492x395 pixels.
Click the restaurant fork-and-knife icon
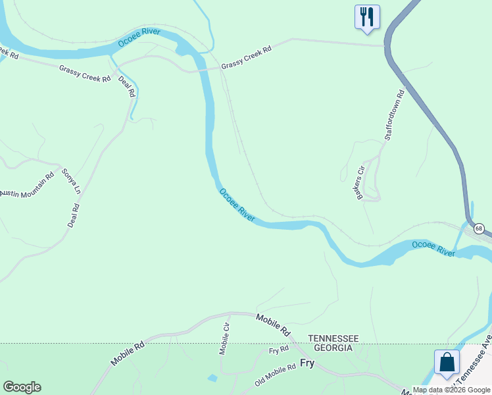[x=367, y=16]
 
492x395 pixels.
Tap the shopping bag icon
[x=447, y=362]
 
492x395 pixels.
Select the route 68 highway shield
[x=479, y=229]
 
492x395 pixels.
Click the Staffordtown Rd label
[x=394, y=115]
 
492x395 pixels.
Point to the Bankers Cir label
[x=360, y=181]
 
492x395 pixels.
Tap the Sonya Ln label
[x=71, y=181]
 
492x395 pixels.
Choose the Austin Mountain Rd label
[x=26, y=187]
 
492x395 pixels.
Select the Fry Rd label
[x=279, y=350]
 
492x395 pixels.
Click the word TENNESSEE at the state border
[x=333, y=338]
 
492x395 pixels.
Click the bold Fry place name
[x=307, y=363]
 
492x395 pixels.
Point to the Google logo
[x=22, y=387]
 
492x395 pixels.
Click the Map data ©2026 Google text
[x=452, y=390]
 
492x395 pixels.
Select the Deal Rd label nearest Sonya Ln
[x=74, y=215]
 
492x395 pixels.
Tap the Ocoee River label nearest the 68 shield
[x=433, y=249]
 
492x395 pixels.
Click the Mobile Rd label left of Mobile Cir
[x=127, y=354]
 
